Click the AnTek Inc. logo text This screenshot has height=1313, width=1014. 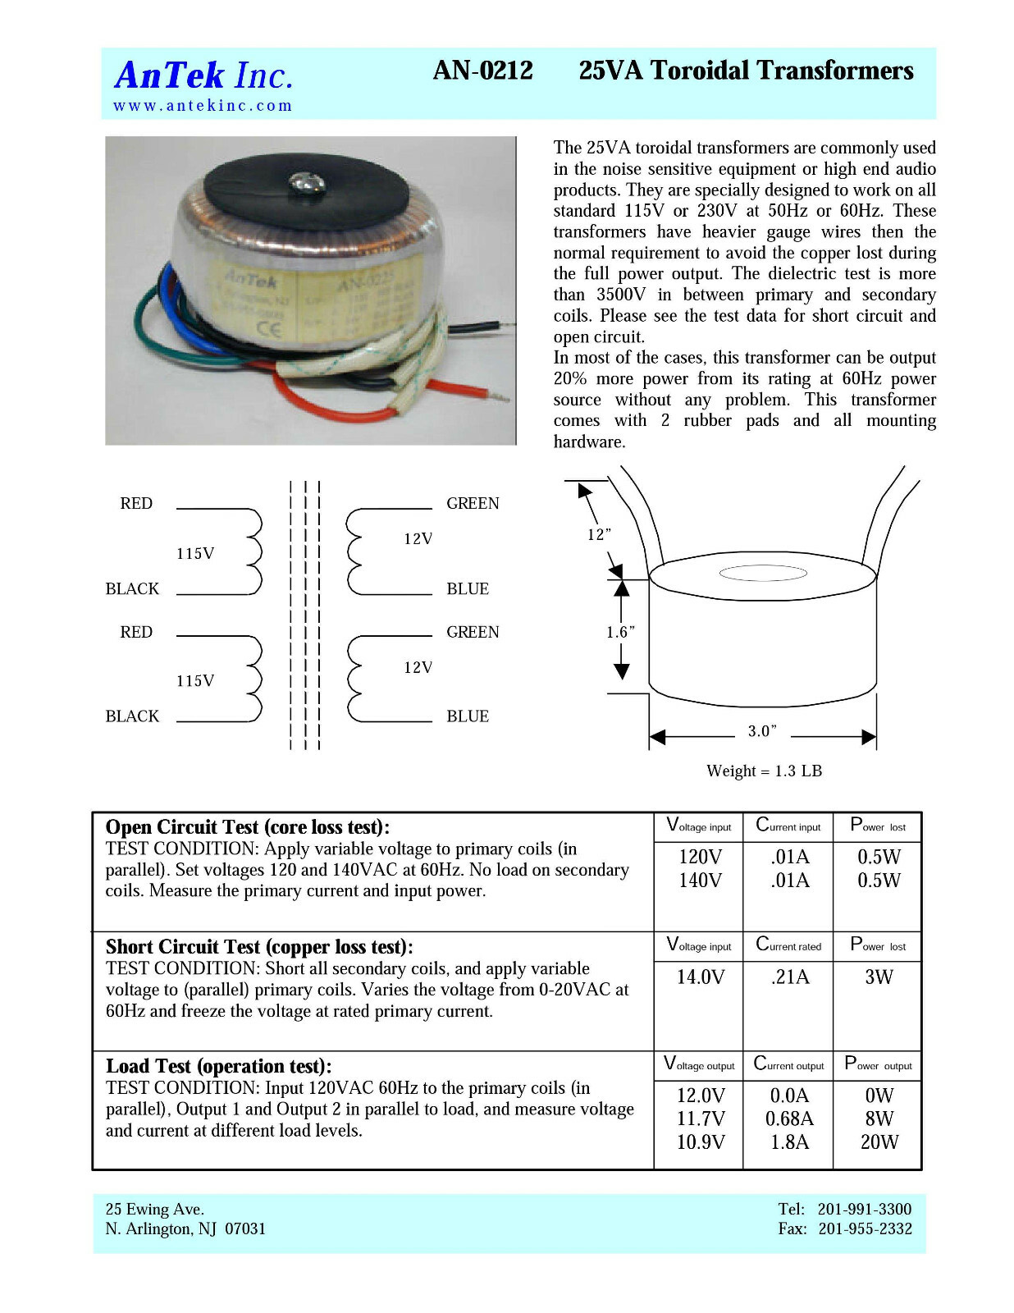pos(203,75)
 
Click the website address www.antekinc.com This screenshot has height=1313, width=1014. pos(203,106)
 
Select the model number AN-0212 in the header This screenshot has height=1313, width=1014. pos(482,71)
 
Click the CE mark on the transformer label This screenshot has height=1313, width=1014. pos(269,330)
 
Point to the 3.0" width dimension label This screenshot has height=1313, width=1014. pos(761,731)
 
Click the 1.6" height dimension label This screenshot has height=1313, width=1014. pos(620,632)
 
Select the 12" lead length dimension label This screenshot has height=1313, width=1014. pos(599,535)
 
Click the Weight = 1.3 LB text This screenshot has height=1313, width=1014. pos(764,771)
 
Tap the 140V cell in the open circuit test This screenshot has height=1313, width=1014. pos(700,881)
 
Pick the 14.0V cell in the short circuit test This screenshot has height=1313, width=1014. pos(700,977)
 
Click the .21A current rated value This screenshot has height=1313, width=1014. pos(789,977)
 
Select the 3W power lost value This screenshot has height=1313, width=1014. pos(879,977)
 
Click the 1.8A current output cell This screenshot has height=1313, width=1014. pos(789,1141)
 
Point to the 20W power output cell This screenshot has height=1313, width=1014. pos(879,1141)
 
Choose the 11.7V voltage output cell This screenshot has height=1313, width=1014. pos(700,1119)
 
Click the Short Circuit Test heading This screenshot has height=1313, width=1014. pos(259,947)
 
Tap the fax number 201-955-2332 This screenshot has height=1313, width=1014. pos(865,1228)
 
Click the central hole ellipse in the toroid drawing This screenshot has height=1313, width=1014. pos(762,574)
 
